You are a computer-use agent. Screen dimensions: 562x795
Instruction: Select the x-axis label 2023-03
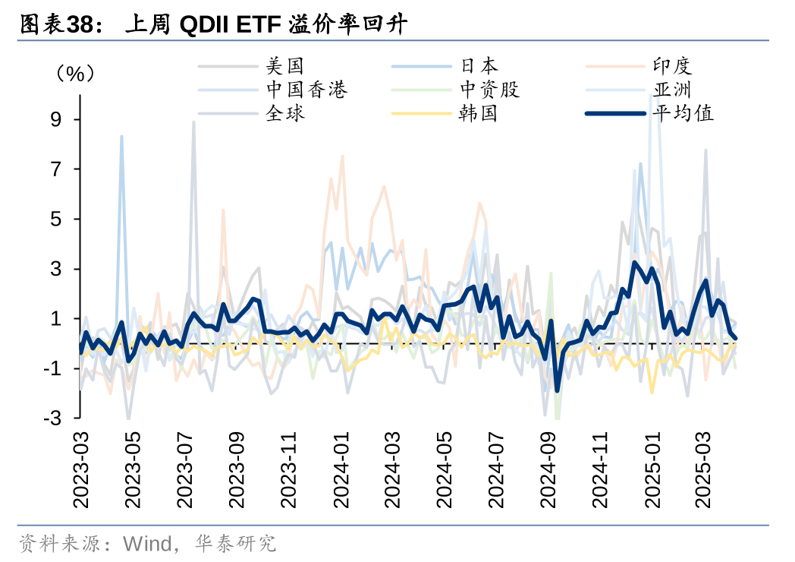pyautogui.click(x=80, y=469)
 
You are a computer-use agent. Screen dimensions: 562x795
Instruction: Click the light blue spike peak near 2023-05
pyautogui.click(x=121, y=137)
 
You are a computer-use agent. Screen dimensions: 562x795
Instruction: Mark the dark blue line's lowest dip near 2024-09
pyautogui.click(x=557, y=390)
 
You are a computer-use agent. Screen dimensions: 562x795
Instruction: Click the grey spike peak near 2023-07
pyautogui.click(x=193, y=122)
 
